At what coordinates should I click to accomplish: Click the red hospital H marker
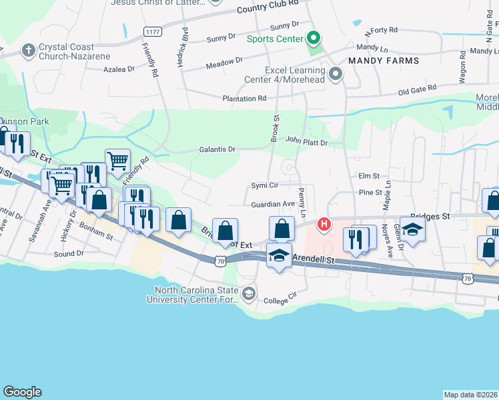point(324,223)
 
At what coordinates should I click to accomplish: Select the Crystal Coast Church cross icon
point(28,50)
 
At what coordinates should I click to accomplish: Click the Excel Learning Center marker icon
point(336,75)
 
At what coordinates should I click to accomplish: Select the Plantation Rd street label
point(244,99)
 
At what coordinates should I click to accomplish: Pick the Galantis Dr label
point(217,149)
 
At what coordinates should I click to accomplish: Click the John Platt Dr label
point(306,141)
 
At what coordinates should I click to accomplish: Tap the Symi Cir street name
point(264,185)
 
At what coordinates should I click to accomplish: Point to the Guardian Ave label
point(273,204)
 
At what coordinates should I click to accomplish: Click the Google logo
point(22,392)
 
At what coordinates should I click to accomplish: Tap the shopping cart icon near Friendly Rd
point(117,160)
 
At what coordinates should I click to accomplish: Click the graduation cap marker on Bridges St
point(413,230)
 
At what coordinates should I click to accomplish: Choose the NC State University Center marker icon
point(248,293)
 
